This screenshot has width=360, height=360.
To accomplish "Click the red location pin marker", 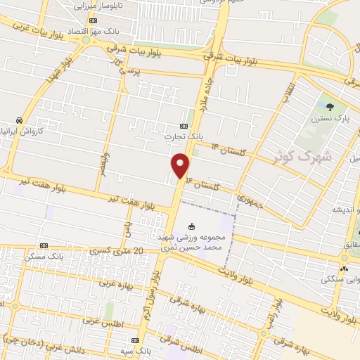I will tap(181, 165).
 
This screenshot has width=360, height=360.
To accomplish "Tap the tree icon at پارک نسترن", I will tap(330, 107).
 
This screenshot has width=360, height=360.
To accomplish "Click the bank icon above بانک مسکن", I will tap(44, 246).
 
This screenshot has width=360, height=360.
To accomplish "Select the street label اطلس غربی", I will tap(102, 320).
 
